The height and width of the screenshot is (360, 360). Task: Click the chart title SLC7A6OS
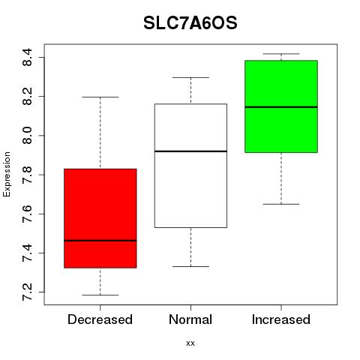coord(190,23)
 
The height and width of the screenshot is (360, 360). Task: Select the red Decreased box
coord(100,218)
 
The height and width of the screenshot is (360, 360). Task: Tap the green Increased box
coord(281,106)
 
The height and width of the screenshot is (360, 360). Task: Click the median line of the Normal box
coord(190,151)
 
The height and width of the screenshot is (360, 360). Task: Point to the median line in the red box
coord(100,241)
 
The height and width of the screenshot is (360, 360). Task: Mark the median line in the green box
coord(281,107)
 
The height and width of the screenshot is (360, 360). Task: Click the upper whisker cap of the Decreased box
coord(100,97)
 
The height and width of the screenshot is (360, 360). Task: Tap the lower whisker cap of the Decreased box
coord(100,295)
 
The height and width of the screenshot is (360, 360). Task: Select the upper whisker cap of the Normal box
coord(190,77)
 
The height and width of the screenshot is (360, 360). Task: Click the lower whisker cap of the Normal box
coord(190,266)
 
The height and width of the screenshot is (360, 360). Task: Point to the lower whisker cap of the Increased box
coord(281,204)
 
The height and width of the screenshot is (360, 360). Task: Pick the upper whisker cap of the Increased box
coord(281,54)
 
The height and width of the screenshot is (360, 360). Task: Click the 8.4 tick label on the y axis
coord(27,57)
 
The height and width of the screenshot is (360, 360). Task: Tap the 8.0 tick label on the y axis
coord(27,136)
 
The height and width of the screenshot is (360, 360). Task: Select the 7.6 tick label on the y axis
coord(27,214)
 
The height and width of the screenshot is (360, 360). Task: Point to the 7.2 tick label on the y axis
coord(27,292)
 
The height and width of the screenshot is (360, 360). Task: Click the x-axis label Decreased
coord(100,319)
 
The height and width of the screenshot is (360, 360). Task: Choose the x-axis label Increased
coord(281,319)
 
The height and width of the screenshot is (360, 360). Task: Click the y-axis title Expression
coord(7,174)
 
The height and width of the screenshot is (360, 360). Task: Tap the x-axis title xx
coord(190,343)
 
